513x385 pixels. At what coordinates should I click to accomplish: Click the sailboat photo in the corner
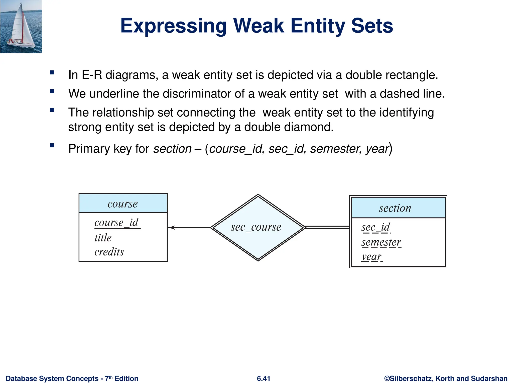coord(21,27)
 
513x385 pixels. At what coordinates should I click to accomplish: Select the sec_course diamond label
coord(256,227)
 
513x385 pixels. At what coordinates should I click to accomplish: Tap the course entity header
coord(123,204)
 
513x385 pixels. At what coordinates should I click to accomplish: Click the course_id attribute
coord(116,223)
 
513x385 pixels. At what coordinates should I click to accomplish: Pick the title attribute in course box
coord(103,238)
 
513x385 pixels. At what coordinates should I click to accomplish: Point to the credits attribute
coord(109,252)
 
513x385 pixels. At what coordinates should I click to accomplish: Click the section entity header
coord(395,208)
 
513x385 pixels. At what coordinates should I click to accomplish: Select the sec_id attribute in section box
coord(375,227)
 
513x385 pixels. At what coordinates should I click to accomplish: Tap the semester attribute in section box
coord(381,242)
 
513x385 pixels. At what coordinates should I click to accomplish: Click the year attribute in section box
coord(371,257)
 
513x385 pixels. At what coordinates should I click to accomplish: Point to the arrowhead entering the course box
coord(171,228)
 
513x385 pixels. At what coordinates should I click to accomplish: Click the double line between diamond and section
coord(327,228)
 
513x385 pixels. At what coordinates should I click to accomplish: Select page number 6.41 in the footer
coord(264,378)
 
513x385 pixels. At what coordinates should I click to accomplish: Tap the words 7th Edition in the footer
coord(121,378)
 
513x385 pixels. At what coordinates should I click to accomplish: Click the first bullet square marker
coord(52,73)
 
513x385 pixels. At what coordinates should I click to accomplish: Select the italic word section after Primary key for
coord(172,149)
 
